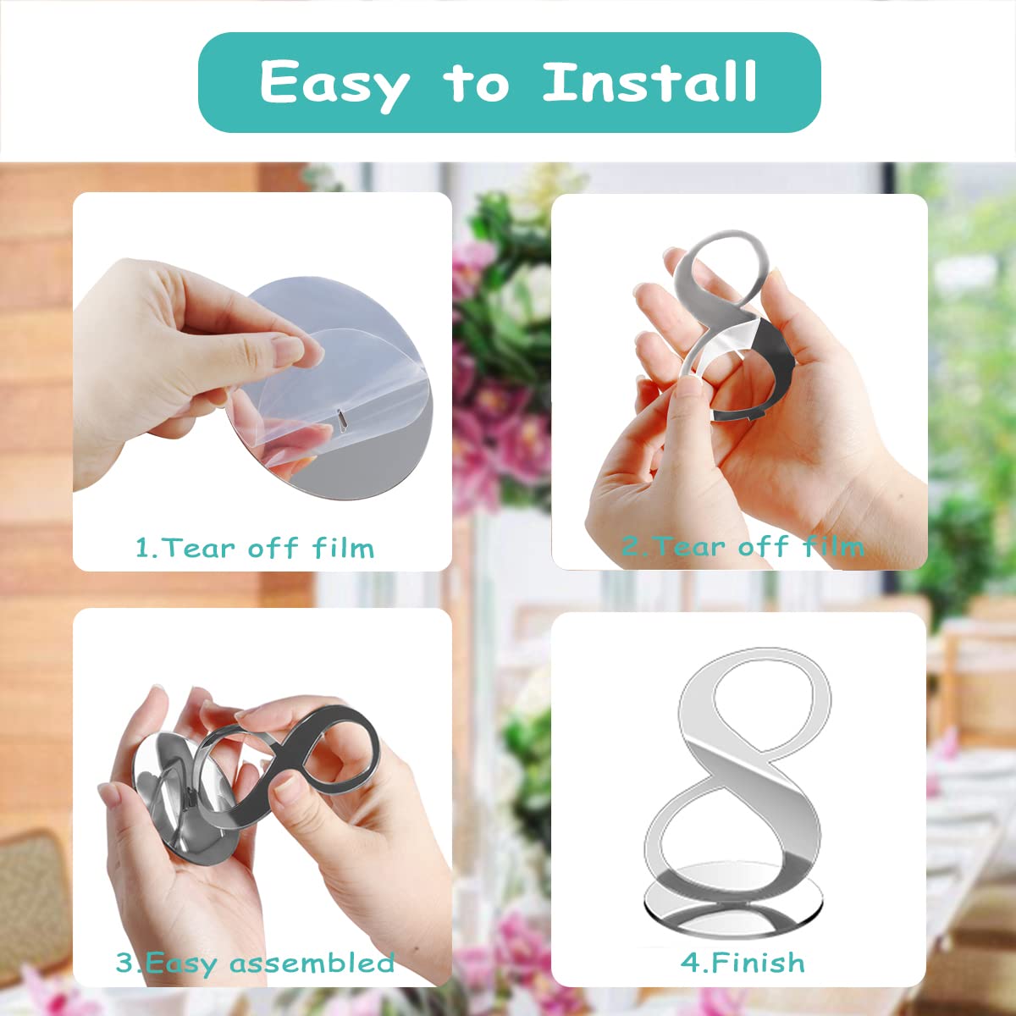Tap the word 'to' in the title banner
[x=477, y=83]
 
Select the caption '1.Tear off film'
[x=255, y=548]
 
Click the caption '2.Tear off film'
[x=743, y=546]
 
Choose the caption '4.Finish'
[x=743, y=962]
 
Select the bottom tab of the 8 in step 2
[x=755, y=417]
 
